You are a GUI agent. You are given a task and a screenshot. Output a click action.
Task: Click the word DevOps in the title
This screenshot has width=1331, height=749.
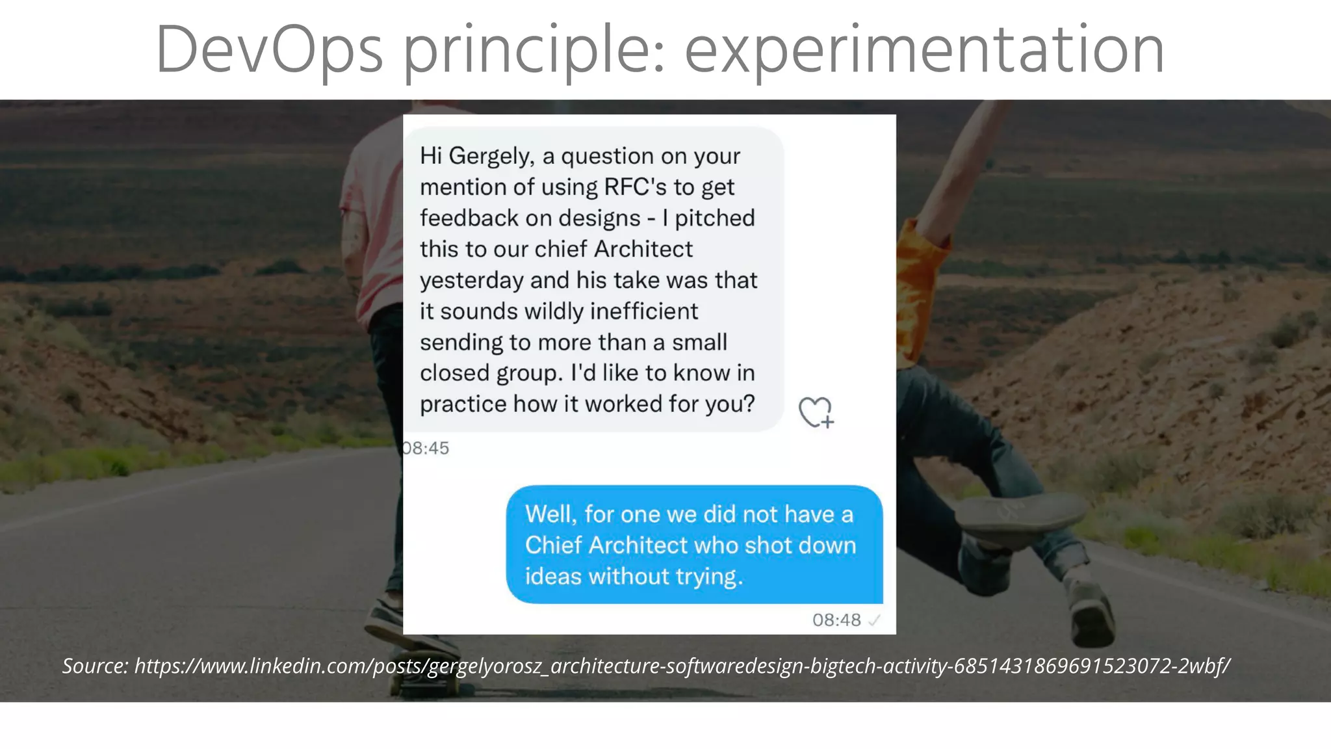269,51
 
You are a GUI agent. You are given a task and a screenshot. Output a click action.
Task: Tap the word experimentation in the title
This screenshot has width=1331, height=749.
924,51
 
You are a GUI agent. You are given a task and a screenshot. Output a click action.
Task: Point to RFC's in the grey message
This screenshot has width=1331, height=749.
635,187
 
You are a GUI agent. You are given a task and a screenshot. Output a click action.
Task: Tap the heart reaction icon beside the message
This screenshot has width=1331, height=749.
816,412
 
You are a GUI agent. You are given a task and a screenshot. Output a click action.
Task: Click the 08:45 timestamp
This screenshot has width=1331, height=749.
426,448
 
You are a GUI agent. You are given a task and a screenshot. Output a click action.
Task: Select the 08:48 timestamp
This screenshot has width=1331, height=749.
836,620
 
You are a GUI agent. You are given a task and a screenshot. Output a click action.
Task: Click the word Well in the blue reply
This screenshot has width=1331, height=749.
550,514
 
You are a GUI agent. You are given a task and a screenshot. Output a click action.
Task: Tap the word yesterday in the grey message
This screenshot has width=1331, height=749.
471,281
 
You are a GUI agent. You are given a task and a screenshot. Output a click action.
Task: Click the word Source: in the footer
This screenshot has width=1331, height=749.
95,666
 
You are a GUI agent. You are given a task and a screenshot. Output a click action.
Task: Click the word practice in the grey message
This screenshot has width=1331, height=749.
463,404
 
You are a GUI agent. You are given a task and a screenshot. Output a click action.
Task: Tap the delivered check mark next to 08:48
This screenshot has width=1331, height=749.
874,620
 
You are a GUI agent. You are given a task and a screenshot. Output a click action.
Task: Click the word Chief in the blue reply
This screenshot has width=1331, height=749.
552,545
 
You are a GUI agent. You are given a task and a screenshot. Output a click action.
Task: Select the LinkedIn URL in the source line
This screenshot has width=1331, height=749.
682,666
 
